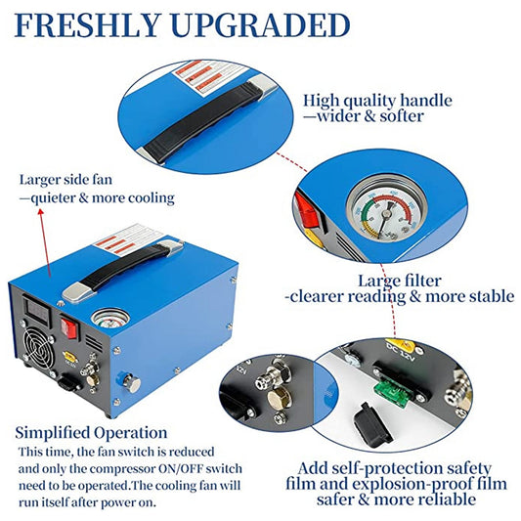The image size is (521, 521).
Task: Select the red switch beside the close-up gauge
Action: point(304,206)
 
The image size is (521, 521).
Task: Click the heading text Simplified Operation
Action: point(91,432)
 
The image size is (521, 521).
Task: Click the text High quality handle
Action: point(377,100)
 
